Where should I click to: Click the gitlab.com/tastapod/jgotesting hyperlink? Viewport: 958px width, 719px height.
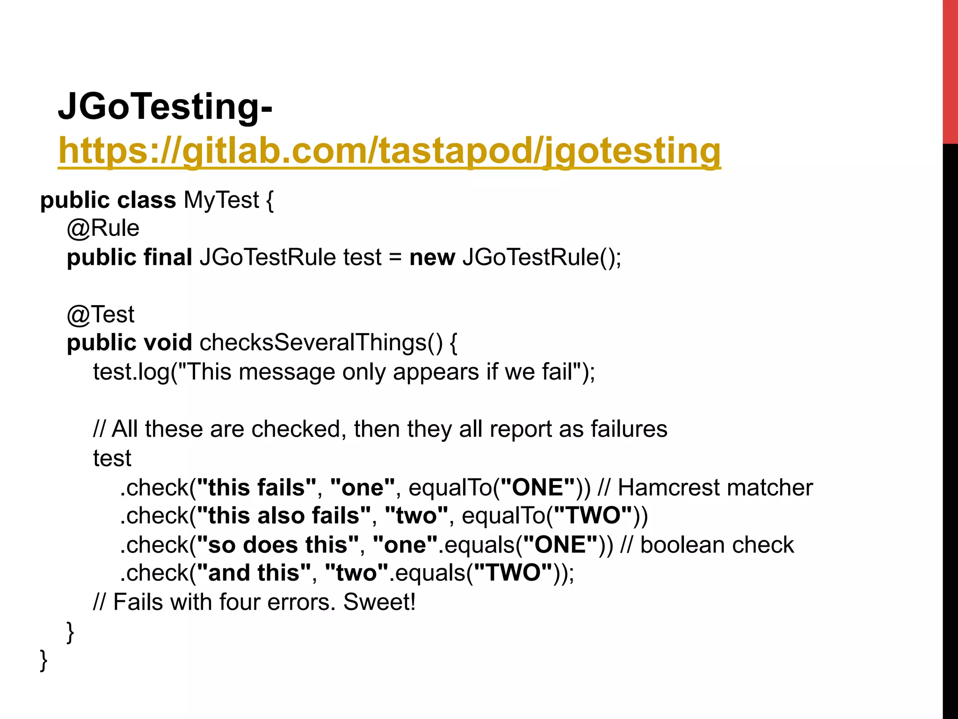[389, 151]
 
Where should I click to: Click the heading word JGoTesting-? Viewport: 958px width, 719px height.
[165, 107]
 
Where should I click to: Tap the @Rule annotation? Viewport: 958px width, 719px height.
[103, 228]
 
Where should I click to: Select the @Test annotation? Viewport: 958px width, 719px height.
[101, 314]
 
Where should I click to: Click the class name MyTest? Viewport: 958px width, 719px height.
[221, 200]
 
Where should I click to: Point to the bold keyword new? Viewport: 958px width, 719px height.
[432, 257]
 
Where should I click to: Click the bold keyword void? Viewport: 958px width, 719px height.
[167, 343]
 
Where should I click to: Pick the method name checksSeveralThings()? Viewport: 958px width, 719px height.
[321, 343]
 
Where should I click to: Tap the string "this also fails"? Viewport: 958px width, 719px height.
[284, 516]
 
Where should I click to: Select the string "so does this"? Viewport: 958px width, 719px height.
[277, 545]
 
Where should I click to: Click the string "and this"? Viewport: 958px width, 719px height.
[254, 573]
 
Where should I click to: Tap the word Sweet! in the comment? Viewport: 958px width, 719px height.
[379, 602]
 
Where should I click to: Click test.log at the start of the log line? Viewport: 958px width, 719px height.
[131, 372]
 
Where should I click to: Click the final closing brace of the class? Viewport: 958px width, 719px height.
[44, 660]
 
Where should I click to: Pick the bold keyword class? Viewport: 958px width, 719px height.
[146, 200]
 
